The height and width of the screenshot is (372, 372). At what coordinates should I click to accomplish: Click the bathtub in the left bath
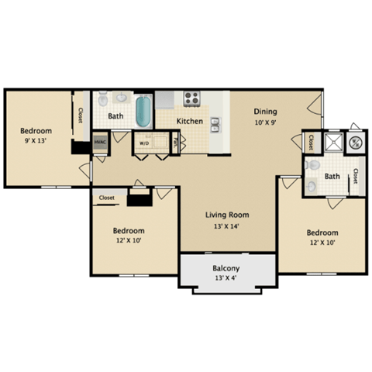tap(143, 111)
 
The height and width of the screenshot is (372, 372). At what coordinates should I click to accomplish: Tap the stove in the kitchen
tap(191, 98)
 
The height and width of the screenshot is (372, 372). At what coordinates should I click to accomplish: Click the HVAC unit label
tap(100, 143)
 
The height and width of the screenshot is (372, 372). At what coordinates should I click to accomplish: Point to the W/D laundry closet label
tap(144, 143)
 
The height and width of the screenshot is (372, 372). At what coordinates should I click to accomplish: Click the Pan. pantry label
tap(176, 143)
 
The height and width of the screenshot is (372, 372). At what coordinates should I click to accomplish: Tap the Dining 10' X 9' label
tap(264, 116)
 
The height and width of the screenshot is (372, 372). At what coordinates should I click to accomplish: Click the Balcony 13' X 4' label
tap(227, 274)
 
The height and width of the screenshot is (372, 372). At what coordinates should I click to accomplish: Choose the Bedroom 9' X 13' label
tap(36, 136)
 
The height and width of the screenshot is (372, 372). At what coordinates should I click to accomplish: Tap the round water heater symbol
tap(356, 142)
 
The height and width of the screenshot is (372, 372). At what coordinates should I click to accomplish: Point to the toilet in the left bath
tap(103, 100)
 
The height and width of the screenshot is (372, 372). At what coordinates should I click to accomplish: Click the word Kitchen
tap(190, 121)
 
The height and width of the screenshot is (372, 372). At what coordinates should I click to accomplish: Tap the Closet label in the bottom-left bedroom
tap(106, 198)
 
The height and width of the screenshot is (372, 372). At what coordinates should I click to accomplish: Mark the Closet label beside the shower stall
tap(310, 143)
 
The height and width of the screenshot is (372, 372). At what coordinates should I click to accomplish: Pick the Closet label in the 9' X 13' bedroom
tap(80, 115)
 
